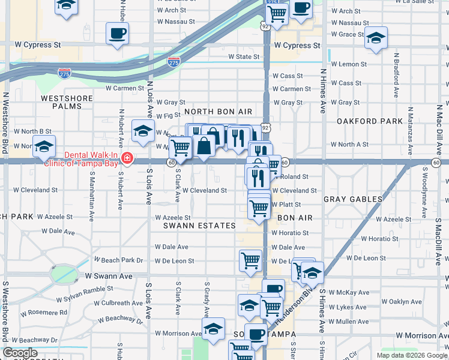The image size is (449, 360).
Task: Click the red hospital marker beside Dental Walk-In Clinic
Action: [x=127, y=158]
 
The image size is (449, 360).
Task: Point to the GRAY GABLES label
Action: [x=353, y=199]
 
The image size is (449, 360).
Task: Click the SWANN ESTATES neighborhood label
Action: [x=199, y=226]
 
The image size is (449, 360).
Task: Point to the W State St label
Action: [x=243, y=57]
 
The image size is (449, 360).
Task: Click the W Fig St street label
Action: [x=168, y=116]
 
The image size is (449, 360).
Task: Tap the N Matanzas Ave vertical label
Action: [x=410, y=128]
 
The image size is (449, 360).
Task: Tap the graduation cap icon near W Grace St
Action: [x=376, y=38]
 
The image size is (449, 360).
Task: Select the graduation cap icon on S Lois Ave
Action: [x=143, y=131]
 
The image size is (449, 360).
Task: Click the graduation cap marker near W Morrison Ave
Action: [x=212, y=329]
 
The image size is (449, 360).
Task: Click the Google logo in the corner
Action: [x=20, y=353]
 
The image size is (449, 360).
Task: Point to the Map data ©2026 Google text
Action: [x=412, y=355]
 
